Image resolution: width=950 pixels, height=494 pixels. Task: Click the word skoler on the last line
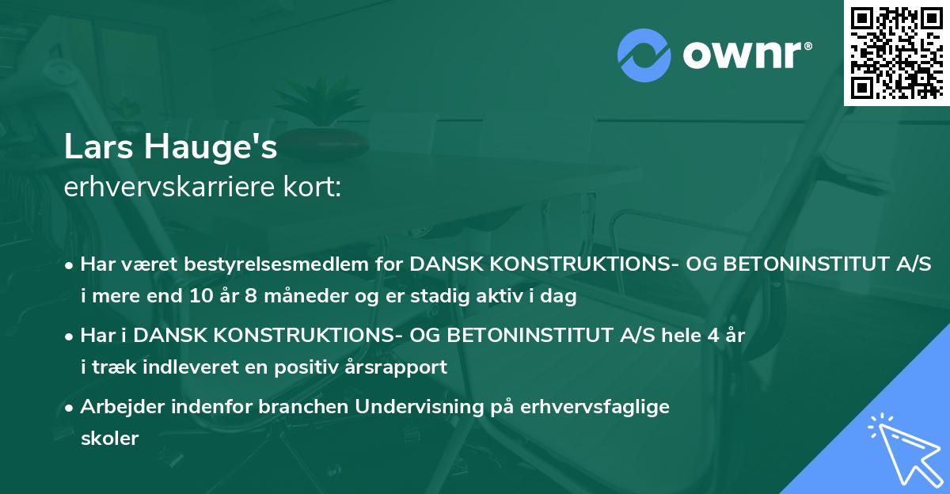[109, 439]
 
